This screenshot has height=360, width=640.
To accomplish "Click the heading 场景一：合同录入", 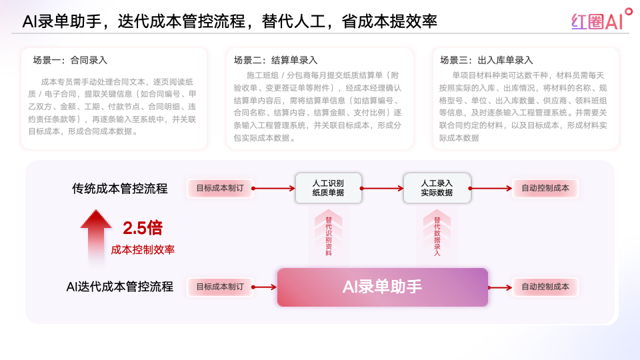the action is [70, 61].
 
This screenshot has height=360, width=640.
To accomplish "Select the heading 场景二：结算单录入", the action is [275, 61].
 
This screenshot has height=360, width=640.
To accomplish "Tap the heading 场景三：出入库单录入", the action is [487, 61].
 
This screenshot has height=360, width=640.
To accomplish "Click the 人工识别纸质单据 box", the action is [329, 188].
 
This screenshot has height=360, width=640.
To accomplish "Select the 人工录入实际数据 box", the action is [437, 188].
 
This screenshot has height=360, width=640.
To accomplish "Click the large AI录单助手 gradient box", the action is [383, 287].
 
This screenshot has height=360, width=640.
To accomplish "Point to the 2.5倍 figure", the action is [143, 228].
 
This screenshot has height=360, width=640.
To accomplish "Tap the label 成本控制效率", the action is [143, 250].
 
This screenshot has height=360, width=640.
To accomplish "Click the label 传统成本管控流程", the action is [120, 189].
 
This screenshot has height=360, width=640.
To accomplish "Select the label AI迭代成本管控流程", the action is [120, 287].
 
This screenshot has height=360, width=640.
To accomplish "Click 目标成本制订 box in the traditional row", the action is [220, 188].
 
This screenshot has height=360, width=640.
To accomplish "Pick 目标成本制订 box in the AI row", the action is [220, 287].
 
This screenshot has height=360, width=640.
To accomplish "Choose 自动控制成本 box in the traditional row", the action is [545, 188].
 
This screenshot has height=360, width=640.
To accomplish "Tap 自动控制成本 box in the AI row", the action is [545, 287].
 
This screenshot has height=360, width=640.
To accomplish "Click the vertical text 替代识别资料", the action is [329, 236].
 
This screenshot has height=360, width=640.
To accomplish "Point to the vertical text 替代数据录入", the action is [437, 236].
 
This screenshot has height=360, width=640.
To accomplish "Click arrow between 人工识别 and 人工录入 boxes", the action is [382, 189].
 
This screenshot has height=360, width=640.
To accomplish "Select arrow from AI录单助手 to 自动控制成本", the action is [500, 287].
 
